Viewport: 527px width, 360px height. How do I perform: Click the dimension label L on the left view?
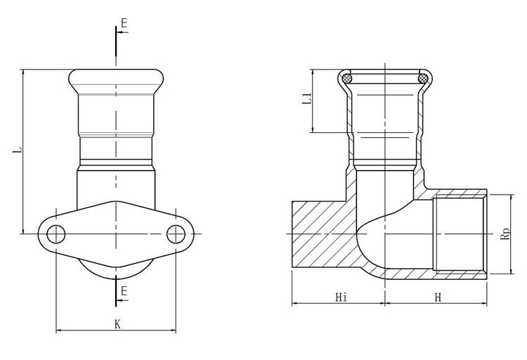click(x=18, y=150)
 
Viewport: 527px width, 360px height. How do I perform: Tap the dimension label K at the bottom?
click(x=117, y=324)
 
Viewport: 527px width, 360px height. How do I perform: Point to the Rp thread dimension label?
click(x=505, y=234)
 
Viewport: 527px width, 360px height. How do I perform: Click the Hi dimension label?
click(x=341, y=297)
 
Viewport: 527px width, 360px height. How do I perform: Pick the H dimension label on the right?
click(x=438, y=297)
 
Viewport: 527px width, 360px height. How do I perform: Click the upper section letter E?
click(x=124, y=23)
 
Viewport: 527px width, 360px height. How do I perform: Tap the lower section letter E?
click(x=124, y=291)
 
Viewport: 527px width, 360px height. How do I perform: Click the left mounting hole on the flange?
click(x=56, y=234)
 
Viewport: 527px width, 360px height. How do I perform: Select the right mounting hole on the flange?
click(x=176, y=234)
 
